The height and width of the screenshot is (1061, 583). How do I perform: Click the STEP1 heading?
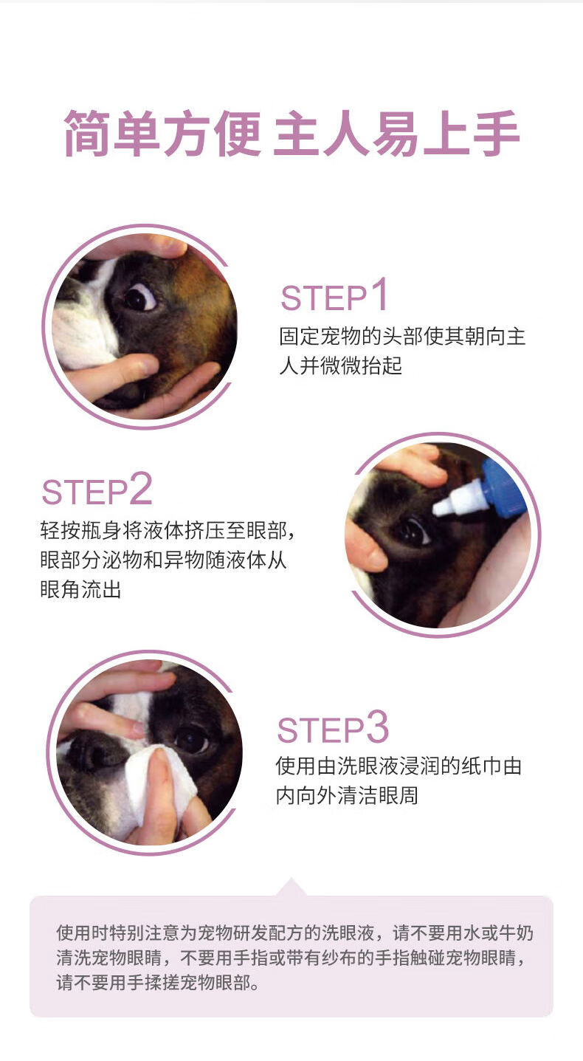click(x=334, y=295)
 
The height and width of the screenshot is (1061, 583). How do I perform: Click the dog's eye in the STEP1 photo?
click(x=139, y=297)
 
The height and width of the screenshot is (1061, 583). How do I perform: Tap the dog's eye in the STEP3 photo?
click(x=192, y=739)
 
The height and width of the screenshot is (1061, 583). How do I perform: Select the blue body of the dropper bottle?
click(x=503, y=488)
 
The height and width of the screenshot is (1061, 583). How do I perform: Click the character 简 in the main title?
click(x=88, y=134)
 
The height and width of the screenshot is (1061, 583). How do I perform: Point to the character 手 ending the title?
click(x=496, y=134)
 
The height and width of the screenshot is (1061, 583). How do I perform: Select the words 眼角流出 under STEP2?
click(x=81, y=590)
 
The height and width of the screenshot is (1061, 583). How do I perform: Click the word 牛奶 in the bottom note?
click(x=517, y=933)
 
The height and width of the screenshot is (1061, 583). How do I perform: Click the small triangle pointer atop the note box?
click(x=291, y=887)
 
